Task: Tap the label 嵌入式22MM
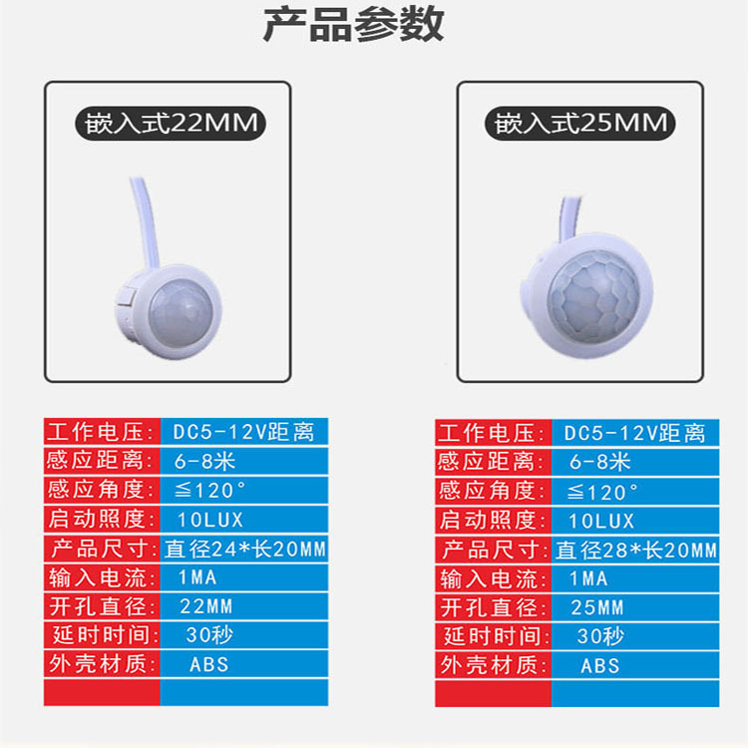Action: [x=168, y=125]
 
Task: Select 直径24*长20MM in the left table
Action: [x=245, y=549]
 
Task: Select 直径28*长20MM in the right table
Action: [x=635, y=550]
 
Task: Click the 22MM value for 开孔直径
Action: [x=205, y=606]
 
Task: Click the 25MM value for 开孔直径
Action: [x=596, y=607]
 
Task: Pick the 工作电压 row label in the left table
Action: [x=101, y=433]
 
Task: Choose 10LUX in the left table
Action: [x=208, y=520]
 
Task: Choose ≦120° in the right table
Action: [x=602, y=492]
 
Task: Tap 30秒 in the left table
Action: [x=205, y=635]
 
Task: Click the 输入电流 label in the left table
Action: [x=101, y=577]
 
